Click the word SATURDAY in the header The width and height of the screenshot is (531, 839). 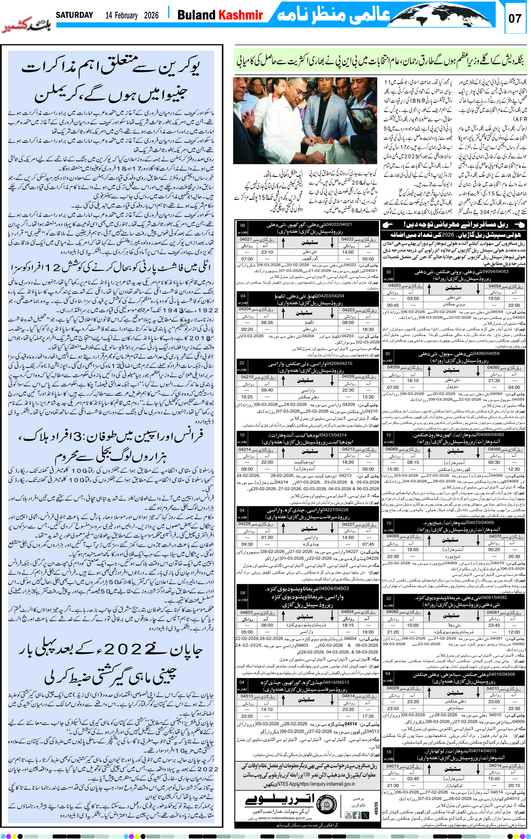(x=74, y=15)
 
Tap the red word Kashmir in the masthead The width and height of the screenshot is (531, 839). (x=240, y=15)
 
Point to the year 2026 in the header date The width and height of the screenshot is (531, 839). (x=151, y=15)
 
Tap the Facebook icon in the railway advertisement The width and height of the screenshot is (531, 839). (x=356, y=815)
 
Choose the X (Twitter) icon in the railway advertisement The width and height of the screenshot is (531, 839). (x=365, y=815)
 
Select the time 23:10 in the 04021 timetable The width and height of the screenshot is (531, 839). (x=267, y=252)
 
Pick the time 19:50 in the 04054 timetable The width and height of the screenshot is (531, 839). (x=494, y=298)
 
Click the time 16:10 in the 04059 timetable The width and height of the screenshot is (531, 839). (x=412, y=380)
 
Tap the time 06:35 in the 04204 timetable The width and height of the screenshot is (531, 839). (x=267, y=322)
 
